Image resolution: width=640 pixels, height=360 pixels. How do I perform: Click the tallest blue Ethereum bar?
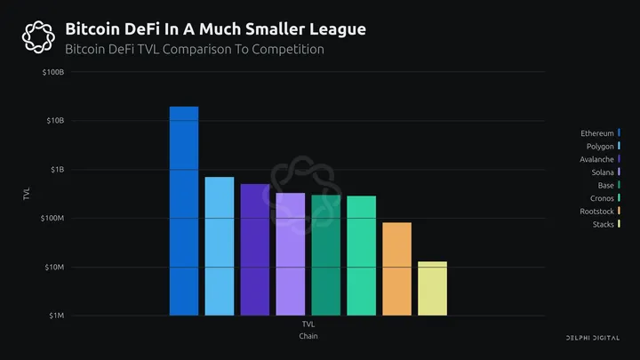tap(184, 211)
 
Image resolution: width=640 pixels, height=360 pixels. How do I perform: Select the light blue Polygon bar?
tap(220, 246)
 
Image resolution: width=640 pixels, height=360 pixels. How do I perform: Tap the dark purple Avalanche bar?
tap(255, 250)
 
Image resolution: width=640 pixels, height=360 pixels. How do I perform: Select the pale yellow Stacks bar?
tap(432, 289)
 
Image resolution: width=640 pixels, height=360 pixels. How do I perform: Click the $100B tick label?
tap(52, 71)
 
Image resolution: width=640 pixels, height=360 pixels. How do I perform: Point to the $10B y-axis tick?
tap(54, 120)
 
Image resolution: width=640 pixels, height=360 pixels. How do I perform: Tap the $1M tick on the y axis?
tap(55, 316)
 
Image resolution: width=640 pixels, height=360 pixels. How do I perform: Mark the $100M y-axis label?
tap(52, 218)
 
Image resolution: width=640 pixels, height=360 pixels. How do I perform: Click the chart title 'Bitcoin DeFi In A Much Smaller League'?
tap(215, 30)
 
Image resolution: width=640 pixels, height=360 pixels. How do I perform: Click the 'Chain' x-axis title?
tap(308, 336)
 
